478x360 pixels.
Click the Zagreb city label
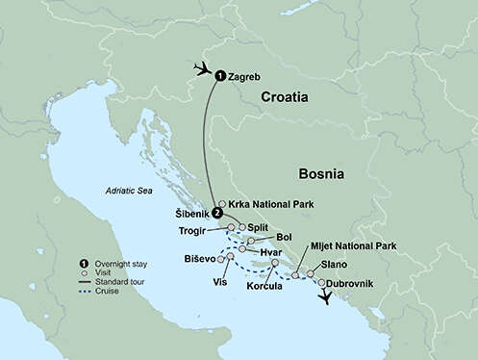244,75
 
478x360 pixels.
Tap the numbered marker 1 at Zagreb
220,75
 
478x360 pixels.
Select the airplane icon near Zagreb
202,68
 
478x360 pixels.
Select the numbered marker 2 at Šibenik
217,213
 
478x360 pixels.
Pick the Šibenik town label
191,213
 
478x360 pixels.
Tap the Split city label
258,227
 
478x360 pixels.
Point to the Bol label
284,237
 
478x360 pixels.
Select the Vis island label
219,282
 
